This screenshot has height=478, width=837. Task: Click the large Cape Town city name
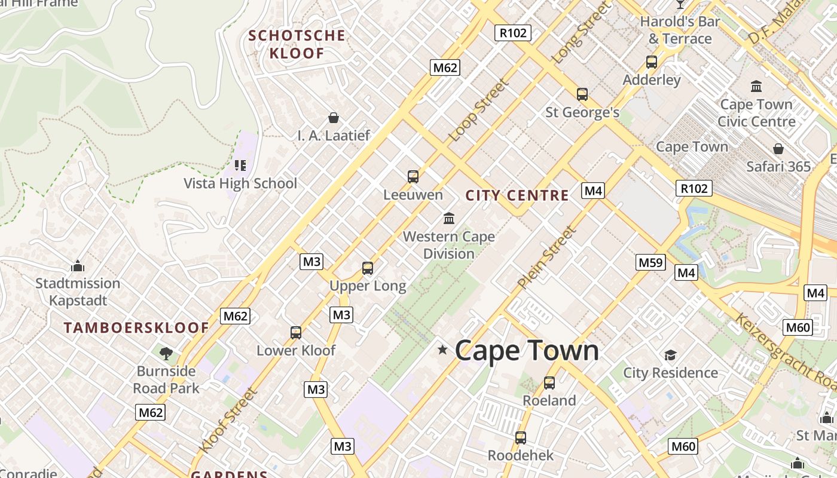527,351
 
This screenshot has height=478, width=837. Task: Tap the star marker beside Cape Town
442,350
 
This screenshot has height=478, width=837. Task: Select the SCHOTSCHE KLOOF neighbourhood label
297,44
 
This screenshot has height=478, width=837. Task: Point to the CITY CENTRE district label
517,195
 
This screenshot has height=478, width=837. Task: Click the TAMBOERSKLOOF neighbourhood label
136,327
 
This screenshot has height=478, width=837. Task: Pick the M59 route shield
650,262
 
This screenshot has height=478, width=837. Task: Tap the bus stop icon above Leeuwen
413,177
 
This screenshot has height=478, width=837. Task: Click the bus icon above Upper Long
368,268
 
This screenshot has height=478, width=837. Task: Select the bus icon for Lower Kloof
296,333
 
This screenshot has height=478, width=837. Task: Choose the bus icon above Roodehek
521,438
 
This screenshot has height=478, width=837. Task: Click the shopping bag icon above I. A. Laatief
334,118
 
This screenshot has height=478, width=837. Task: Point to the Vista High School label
240,183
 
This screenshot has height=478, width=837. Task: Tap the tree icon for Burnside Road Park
166,354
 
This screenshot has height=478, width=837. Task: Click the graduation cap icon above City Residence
670,356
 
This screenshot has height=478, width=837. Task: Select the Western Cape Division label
448,245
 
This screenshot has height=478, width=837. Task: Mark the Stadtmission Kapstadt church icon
77,266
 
